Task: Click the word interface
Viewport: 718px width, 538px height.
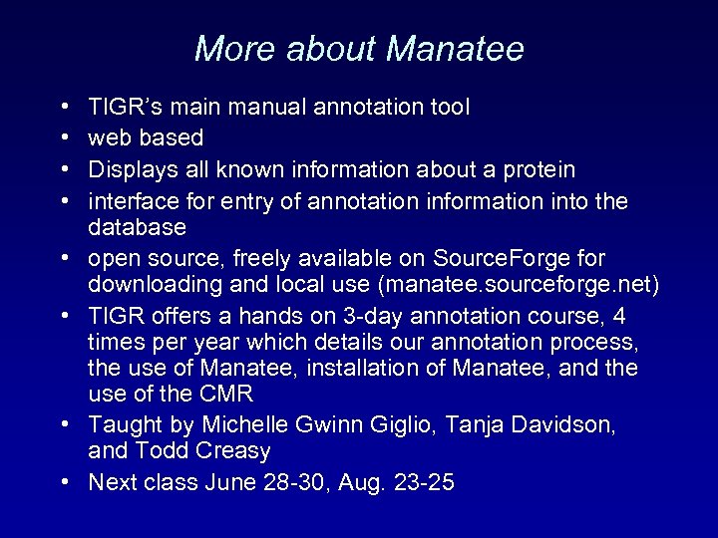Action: [x=131, y=202]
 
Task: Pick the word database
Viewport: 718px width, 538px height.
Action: [x=137, y=227]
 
